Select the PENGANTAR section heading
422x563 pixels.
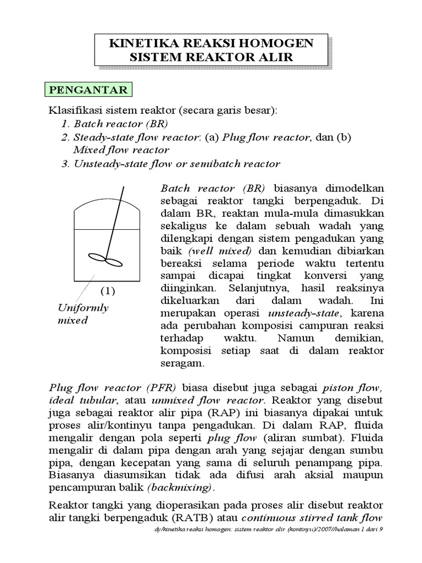coord(88,90)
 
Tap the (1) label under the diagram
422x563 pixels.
coord(107,290)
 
